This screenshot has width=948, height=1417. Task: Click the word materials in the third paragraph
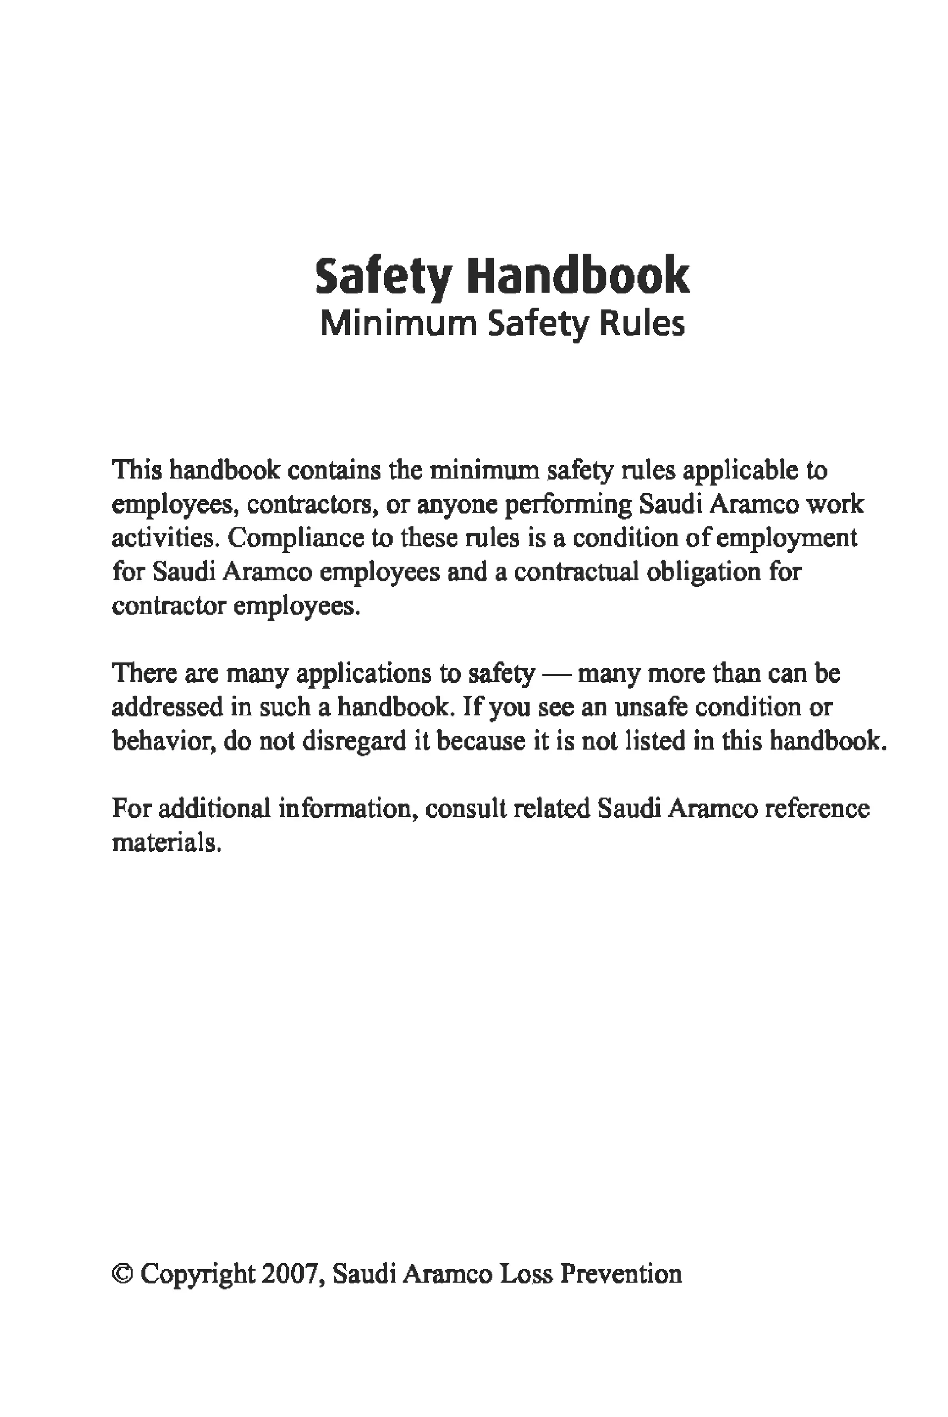click(x=166, y=842)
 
